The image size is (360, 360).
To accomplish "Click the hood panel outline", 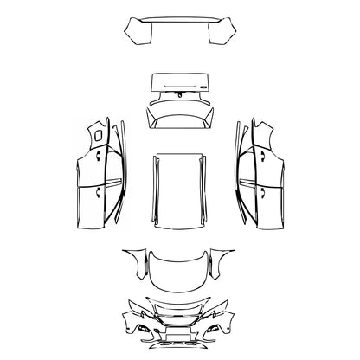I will (180, 269).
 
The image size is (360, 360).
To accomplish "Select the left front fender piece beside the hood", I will (134, 259).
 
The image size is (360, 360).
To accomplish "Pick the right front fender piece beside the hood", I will (226, 259).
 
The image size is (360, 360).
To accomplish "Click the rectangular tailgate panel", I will (180, 83).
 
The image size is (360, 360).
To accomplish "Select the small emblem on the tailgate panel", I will (201, 87).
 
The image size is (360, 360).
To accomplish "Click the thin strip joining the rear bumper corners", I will (180, 21).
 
